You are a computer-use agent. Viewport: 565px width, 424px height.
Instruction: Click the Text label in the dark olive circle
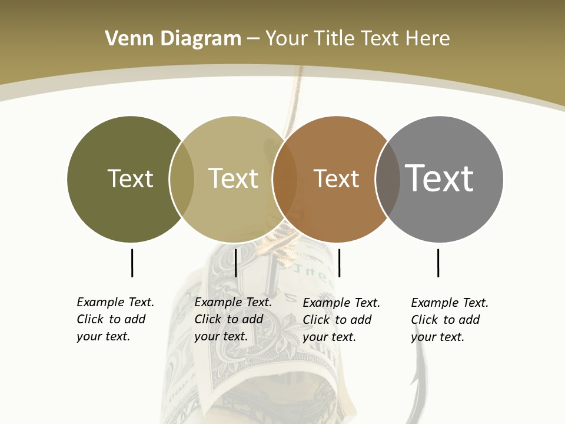click(x=130, y=178)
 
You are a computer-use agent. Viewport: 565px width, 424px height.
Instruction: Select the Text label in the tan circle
click(x=233, y=178)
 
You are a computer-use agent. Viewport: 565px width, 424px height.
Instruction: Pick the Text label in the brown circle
click(x=336, y=179)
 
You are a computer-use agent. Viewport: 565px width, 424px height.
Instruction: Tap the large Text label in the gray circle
click(x=439, y=178)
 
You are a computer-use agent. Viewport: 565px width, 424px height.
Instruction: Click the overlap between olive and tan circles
click(x=182, y=179)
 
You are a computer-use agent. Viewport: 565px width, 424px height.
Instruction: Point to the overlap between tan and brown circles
click(x=285, y=179)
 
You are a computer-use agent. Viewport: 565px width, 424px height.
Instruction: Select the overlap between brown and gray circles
click(x=388, y=179)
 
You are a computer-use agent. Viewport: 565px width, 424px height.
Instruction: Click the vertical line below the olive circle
click(x=132, y=263)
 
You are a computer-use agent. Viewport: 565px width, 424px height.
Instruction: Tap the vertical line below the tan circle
click(x=235, y=263)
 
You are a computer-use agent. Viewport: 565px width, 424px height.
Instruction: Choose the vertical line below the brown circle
click(x=339, y=263)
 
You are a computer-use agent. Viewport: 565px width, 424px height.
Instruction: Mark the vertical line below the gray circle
click(x=438, y=263)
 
